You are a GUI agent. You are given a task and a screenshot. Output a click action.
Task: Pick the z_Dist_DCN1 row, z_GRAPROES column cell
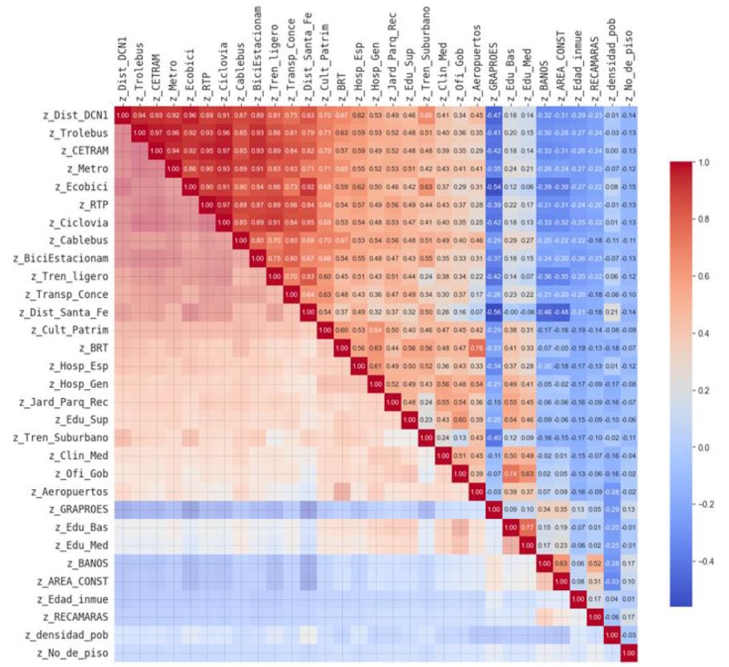tap(494, 115)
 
